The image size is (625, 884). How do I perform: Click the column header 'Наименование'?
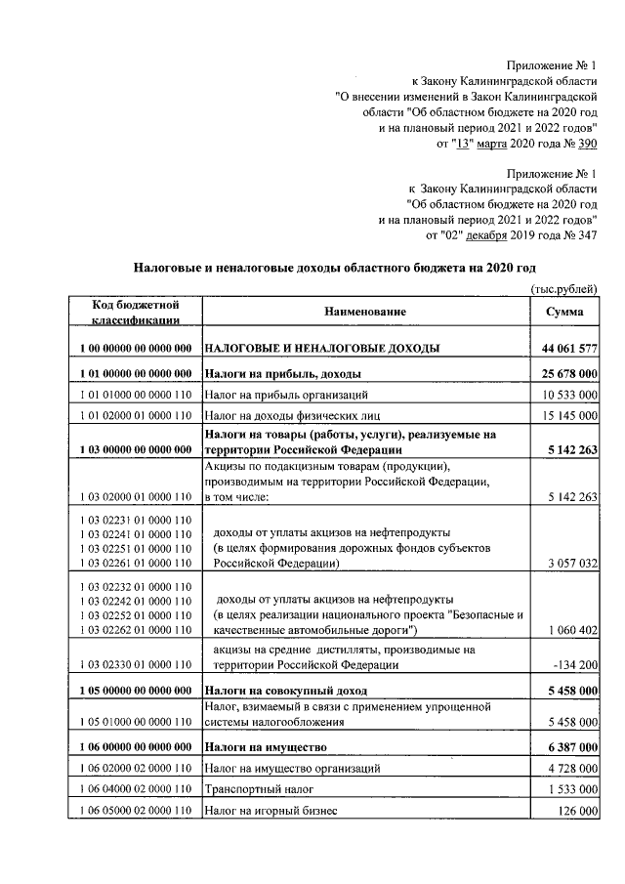pos(360,311)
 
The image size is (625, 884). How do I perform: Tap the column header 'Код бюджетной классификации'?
pos(133,311)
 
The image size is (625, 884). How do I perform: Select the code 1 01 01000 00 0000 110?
pos(133,395)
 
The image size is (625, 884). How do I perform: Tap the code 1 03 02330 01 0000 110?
pos(133,665)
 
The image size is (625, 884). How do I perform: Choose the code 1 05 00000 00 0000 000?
pos(133,691)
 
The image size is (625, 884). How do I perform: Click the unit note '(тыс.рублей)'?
pos(564,288)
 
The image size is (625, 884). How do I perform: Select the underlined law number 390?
pos(586,145)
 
